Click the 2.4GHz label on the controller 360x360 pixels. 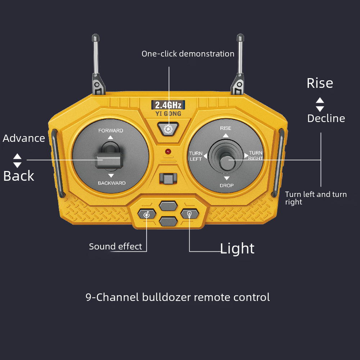click(x=168, y=105)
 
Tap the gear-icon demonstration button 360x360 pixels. click(x=168, y=129)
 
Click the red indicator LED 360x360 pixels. click(x=168, y=152)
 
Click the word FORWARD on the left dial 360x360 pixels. click(x=111, y=131)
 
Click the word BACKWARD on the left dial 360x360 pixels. click(x=112, y=183)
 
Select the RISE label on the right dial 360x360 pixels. click(x=226, y=128)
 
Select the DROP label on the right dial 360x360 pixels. click(x=226, y=185)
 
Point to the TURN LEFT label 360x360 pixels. click(x=196, y=156)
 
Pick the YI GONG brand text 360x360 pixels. click(x=168, y=114)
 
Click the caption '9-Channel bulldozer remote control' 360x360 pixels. click(x=177, y=297)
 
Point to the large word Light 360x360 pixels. click(x=237, y=248)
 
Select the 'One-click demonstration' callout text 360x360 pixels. click(x=188, y=54)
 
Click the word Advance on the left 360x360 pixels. click(x=24, y=138)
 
